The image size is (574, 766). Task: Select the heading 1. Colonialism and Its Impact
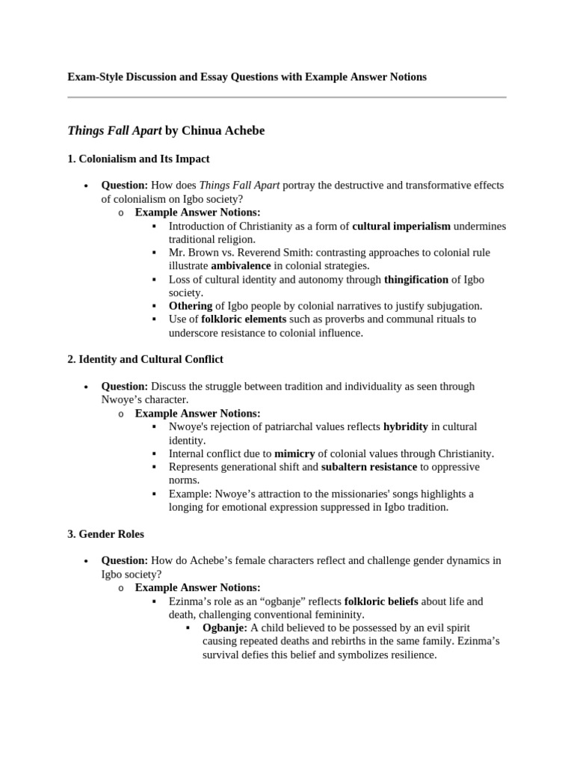click(138, 159)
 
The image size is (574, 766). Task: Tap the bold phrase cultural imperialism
click(401, 226)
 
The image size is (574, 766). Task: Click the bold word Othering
click(191, 306)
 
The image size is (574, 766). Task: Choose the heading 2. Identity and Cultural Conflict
click(145, 359)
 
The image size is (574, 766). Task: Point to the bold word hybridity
click(405, 426)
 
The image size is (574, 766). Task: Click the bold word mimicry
click(294, 453)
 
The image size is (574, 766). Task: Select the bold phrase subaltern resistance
click(368, 467)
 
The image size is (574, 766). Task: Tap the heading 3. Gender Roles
click(105, 534)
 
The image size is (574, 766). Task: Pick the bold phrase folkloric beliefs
click(381, 601)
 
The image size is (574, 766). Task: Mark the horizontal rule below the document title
click(286, 97)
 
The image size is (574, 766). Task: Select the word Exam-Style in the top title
click(94, 77)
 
